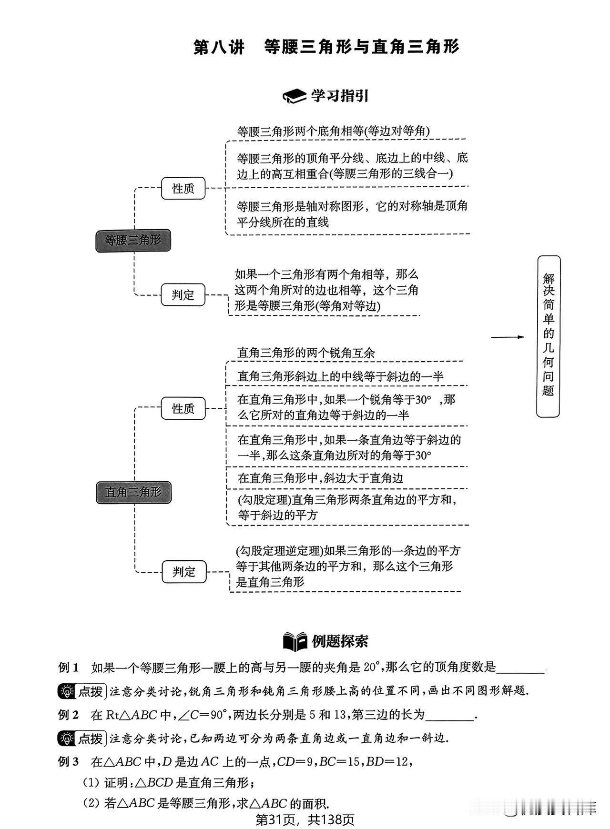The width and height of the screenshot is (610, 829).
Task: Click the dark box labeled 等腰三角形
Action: pos(133,240)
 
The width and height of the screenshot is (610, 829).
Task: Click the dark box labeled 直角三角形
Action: pos(133,492)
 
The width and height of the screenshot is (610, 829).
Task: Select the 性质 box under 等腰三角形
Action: pos(183,188)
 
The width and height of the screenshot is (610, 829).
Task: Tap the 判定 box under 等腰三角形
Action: pos(183,294)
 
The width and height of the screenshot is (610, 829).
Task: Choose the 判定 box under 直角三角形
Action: pos(184,572)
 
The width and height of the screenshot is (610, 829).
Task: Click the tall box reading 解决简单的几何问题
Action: pos(549,336)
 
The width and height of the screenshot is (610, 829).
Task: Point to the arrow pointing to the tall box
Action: pos(508,337)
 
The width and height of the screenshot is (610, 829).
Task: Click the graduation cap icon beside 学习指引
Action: pos(295,96)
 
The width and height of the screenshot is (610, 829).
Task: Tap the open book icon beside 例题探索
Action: pos(295,641)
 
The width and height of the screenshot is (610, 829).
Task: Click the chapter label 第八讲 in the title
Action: pos(219,47)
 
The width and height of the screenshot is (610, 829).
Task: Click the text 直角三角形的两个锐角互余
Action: pos(306,353)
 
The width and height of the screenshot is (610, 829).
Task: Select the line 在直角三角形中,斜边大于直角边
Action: pos(320,478)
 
